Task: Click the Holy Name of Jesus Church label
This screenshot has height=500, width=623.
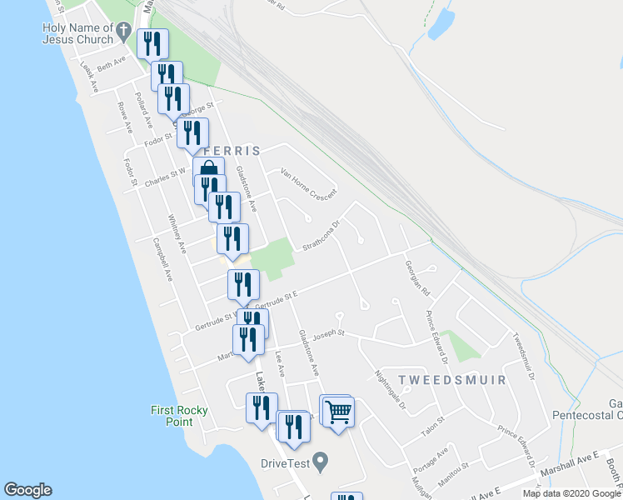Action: (77, 33)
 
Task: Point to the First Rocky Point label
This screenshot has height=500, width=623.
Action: (179, 415)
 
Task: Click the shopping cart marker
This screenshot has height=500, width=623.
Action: (337, 411)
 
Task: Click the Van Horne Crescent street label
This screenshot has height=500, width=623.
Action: (308, 183)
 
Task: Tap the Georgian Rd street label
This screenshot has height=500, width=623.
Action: (416, 277)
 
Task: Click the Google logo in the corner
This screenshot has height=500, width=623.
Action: (27, 490)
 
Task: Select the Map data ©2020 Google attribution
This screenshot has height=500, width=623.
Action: (571, 493)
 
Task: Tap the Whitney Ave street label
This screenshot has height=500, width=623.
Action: (176, 234)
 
